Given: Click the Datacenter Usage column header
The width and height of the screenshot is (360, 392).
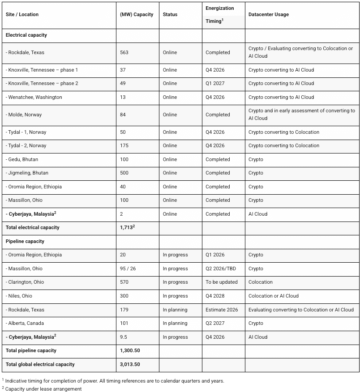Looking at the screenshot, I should pos(269,15).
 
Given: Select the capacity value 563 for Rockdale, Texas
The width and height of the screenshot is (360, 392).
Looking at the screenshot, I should pos(124,53).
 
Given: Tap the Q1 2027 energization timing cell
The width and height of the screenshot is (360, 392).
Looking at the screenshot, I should pos(214,84).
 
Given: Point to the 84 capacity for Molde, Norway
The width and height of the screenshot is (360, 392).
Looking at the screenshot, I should pos(123,115).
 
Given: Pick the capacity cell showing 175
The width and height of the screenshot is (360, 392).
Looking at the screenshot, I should pos(124,146).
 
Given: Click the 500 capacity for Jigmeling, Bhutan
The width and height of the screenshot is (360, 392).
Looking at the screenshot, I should pos(124,173).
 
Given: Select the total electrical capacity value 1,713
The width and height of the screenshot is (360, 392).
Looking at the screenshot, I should pos(127,227).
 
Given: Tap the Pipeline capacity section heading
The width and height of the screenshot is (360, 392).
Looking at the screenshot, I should pos(25,242).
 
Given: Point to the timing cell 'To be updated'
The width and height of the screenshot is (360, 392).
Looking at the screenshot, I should pos(222,282).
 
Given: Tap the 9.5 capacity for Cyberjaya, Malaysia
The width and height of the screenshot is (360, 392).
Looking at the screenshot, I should pos(124,337).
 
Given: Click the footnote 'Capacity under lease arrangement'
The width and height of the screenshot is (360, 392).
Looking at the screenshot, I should pos(43,389).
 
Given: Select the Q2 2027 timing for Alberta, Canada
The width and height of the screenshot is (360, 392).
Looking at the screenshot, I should pos(215,324).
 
